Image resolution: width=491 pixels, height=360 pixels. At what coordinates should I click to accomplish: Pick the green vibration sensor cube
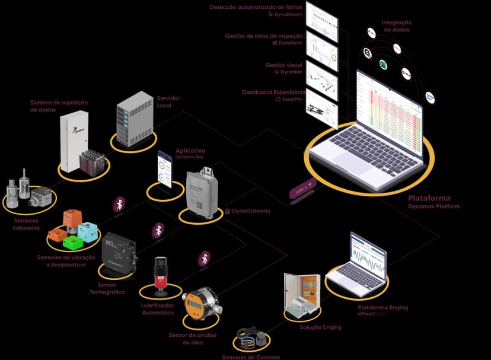pos(72,242)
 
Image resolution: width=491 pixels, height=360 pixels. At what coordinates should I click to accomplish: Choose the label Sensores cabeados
pos(27,224)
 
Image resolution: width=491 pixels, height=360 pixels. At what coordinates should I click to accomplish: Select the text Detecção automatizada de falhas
pos(256,7)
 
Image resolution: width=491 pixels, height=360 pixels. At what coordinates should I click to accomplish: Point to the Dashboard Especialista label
pos(273,93)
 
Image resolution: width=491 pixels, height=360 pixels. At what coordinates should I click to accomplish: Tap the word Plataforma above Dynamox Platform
pos(429,198)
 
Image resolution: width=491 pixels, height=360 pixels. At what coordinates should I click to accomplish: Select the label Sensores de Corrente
pos(251,357)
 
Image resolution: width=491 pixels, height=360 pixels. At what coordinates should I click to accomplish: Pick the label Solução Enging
pos(320,327)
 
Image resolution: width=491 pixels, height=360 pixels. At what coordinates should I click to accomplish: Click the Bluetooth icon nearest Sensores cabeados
pos(119,204)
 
